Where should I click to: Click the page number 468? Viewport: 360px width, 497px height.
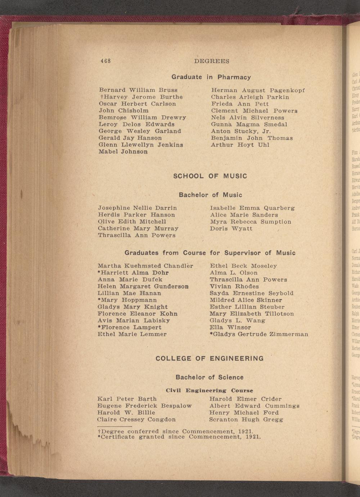tap(105, 61)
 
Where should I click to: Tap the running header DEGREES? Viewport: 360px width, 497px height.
tap(212, 61)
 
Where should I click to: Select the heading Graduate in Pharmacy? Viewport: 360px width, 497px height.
tap(211, 77)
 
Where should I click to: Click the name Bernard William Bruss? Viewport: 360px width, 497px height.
tap(138, 90)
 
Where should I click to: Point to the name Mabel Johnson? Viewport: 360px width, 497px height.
tap(123, 152)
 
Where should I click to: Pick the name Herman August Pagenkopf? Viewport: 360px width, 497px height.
tap(258, 90)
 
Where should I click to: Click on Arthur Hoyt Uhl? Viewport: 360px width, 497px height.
tap(240, 145)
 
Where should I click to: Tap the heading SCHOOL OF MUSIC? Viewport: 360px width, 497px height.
tap(210, 176)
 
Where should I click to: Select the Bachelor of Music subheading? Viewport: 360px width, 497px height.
tap(211, 195)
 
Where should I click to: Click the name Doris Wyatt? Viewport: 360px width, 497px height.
tap(231, 228)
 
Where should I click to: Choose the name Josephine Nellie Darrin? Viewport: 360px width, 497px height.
tap(137, 208)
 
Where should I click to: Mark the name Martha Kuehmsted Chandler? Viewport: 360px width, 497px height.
tap(145, 266)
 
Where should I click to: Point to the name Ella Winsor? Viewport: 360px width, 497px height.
tap(230, 327)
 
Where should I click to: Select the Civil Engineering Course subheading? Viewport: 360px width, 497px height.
tap(210, 390)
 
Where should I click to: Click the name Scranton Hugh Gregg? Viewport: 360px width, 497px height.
tap(246, 420)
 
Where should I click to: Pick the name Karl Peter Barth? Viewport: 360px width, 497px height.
tap(127, 399)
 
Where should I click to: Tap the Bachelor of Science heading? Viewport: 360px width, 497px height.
tap(210, 377)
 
